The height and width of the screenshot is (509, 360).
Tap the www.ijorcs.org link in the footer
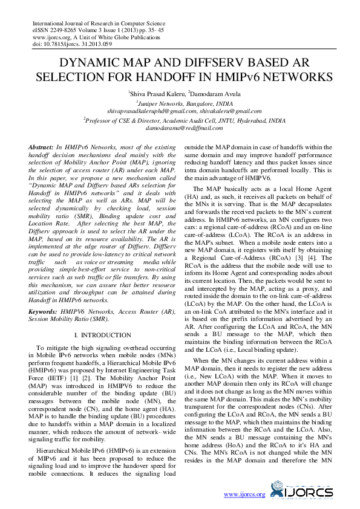pyautogui.click(x=244, y=494)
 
